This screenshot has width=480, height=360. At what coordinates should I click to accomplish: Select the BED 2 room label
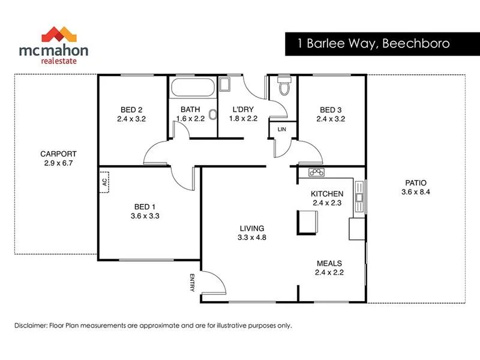point(131,110)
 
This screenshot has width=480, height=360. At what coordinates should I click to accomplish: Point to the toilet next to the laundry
point(285,88)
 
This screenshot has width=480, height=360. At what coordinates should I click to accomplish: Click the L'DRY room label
point(242,110)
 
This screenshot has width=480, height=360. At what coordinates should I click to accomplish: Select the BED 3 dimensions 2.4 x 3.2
point(331,119)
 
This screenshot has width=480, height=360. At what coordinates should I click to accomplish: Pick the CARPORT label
point(58,154)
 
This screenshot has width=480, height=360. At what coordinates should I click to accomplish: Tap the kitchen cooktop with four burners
point(316,173)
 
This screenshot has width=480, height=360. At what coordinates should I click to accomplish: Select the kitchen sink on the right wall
point(359,197)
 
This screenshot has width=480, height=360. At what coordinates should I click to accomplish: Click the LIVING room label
point(252,228)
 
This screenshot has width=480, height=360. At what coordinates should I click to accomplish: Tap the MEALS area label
point(329,263)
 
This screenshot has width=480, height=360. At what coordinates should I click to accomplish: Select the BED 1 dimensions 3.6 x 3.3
point(145,216)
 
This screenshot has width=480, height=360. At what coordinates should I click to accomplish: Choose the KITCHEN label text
point(326,194)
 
